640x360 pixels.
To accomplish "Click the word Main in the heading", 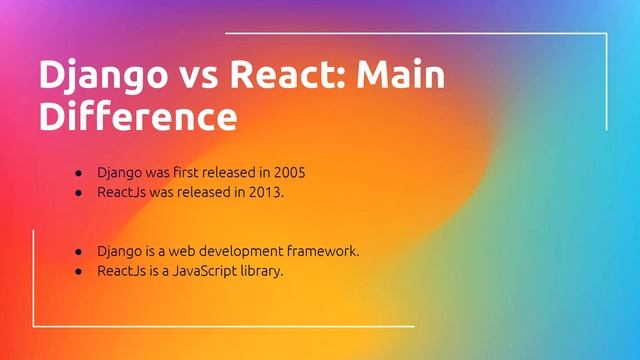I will coord(400,76).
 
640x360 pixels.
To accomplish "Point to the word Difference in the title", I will coord(138,116).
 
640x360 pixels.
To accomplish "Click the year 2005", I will coord(288,172).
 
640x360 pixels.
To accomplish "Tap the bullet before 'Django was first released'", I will coord(78,172).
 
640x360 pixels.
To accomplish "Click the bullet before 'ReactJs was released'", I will coord(78,191).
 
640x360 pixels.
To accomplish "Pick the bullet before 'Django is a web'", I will coord(78,250).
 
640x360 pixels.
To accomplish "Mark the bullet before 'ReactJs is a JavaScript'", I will coord(78,269).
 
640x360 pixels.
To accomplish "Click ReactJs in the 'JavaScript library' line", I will coord(119,269).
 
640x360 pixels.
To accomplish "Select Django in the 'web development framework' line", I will coord(119,250).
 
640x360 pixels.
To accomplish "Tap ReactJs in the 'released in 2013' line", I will coord(119,191).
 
